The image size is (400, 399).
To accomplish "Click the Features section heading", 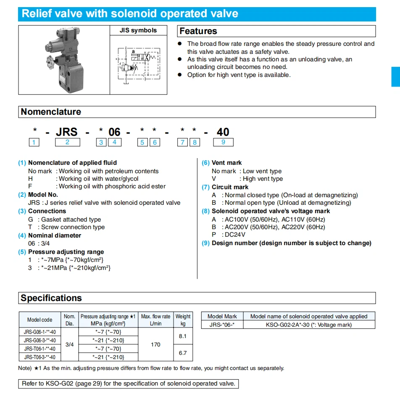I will [x=198, y=31].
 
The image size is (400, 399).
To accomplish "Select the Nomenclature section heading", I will [x=51, y=112].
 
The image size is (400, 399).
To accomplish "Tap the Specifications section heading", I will [x=51, y=298].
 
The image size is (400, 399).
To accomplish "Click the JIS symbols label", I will [x=138, y=30].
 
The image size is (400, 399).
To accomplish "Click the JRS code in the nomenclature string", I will [x=67, y=132].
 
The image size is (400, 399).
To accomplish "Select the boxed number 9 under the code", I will [x=223, y=142].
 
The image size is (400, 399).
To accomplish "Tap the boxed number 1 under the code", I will [x=34, y=142].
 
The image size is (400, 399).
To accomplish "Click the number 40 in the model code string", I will [x=223, y=132].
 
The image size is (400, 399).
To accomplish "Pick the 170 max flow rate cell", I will [x=155, y=344].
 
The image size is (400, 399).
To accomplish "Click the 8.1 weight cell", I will [x=183, y=336].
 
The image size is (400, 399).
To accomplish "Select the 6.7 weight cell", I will [x=183, y=353].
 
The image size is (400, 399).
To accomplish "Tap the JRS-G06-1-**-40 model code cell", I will [x=40, y=332].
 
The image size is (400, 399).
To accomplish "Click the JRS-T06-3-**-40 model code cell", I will [x=40, y=357].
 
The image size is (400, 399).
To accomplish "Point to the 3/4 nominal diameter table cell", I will [x=69, y=344].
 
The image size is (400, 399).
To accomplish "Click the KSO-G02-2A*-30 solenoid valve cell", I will [x=309, y=325].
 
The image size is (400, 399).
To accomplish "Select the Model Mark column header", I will [x=222, y=316].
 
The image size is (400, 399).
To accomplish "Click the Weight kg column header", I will [x=183, y=320].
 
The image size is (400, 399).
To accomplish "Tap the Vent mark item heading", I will [x=226, y=163].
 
